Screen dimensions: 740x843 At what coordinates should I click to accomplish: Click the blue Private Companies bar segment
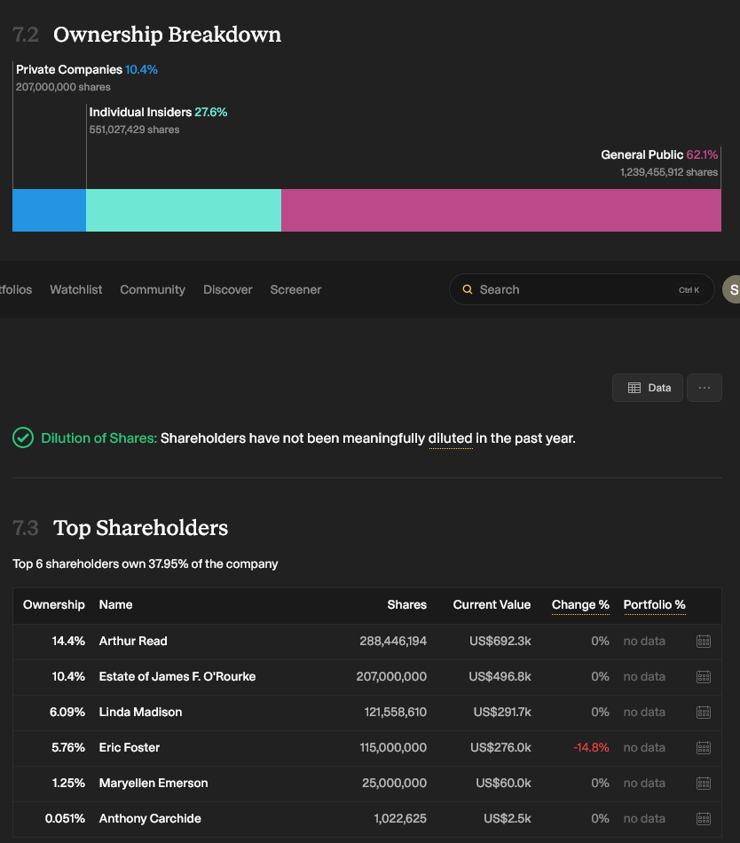[49, 210]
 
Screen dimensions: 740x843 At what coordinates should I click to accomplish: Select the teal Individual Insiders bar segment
[184, 210]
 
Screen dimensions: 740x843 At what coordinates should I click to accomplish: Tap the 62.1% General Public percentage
[702, 154]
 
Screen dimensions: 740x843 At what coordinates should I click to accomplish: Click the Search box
[581, 290]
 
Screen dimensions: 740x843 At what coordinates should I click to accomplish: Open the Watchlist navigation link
[75, 290]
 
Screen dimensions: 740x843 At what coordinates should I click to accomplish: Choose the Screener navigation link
[295, 290]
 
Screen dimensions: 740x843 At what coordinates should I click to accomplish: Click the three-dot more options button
[704, 388]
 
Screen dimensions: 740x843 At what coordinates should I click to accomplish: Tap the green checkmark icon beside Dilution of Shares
[23, 437]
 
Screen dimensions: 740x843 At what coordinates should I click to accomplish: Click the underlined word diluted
[451, 438]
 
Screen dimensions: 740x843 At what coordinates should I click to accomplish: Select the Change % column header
[580, 605]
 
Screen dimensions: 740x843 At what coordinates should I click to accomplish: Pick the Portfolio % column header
[655, 605]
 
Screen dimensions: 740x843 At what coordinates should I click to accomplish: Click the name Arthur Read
[133, 641]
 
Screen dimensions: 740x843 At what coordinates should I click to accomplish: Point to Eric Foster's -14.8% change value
[591, 747]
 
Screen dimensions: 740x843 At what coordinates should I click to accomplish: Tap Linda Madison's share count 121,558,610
[396, 712]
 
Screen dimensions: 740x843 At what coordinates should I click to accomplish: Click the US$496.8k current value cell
[500, 676]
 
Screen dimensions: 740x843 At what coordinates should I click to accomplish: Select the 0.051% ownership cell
[65, 818]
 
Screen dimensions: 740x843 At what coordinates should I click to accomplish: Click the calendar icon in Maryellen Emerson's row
[704, 783]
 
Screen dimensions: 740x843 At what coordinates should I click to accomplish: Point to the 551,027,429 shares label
[134, 130]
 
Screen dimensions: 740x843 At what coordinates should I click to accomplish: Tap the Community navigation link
[153, 290]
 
